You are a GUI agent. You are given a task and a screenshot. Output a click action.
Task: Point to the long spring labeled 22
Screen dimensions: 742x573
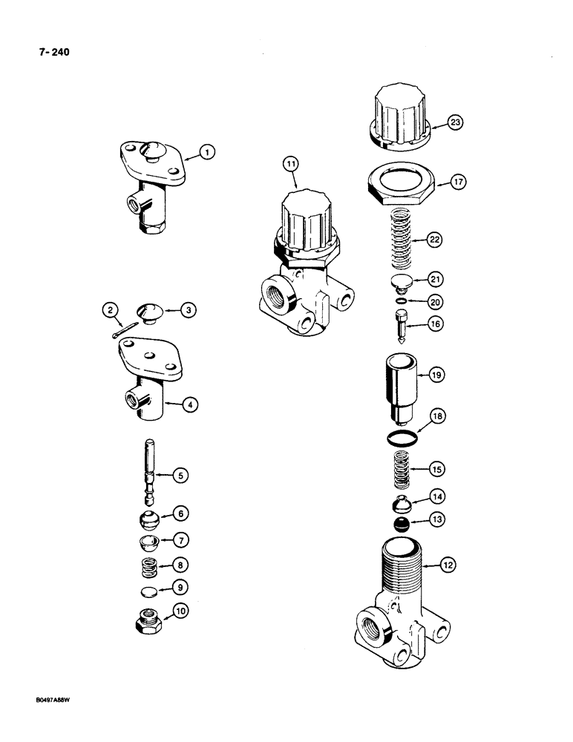pyautogui.click(x=402, y=240)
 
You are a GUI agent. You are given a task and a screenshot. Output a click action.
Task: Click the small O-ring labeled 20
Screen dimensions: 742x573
pyautogui.click(x=402, y=301)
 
